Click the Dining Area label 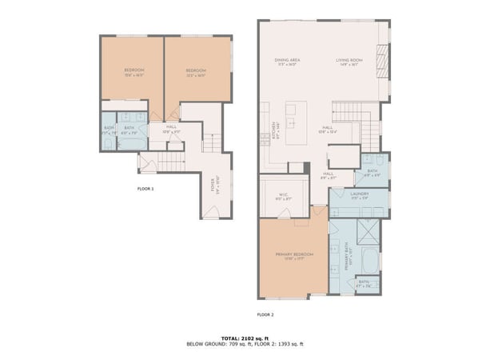tap(286, 60)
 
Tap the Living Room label tap(349, 60)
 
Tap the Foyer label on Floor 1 tap(212, 182)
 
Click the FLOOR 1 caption tap(145, 188)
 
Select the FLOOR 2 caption tap(265, 314)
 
